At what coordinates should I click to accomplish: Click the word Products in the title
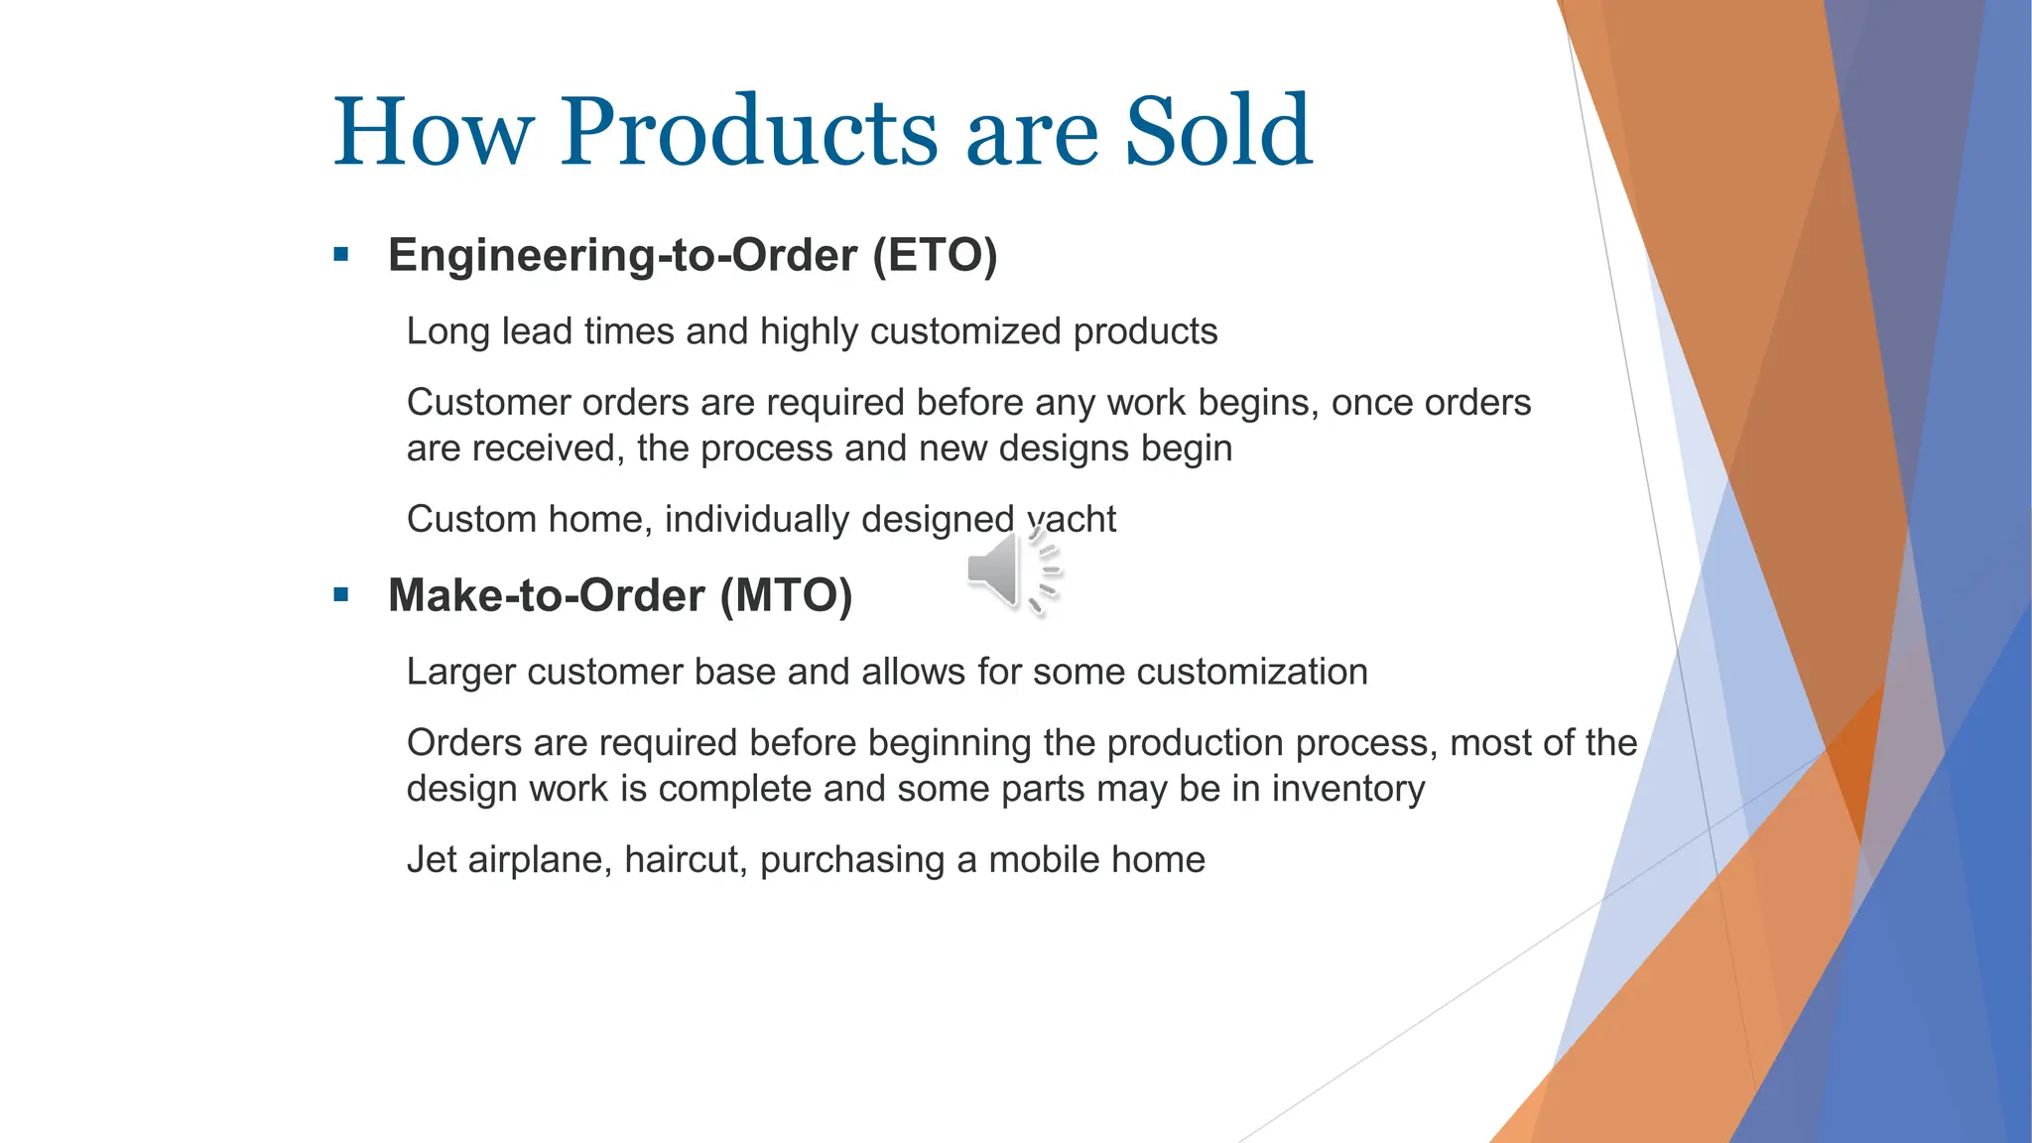pos(749,132)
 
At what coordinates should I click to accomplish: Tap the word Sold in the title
pos(1217,132)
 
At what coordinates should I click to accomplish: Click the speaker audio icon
pos(1011,572)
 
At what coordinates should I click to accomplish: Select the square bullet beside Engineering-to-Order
pos(341,255)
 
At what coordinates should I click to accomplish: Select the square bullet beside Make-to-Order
pos(341,595)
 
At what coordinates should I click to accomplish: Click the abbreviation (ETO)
pos(934,255)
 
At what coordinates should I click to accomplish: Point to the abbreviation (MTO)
pos(786,595)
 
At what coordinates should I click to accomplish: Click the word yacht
pos(1072,519)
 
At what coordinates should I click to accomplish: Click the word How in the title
pos(434,132)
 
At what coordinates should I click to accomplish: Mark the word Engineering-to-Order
pos(622,255)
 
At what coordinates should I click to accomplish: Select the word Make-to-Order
pos(547,595)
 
